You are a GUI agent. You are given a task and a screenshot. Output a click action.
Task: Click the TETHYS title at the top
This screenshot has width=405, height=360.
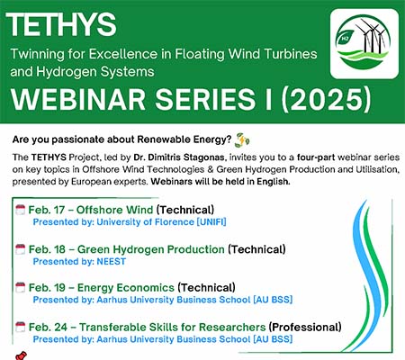(x=61, y=25)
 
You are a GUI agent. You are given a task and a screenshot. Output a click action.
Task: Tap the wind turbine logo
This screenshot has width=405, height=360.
(x=364, y=44)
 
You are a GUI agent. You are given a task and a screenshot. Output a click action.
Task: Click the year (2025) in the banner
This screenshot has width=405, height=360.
(x=326, y=99)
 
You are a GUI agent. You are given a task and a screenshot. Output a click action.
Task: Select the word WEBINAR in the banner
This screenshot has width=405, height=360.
(x=78, y=99)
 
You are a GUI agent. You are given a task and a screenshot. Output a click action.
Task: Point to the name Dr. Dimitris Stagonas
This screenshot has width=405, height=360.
(x=179, y=157)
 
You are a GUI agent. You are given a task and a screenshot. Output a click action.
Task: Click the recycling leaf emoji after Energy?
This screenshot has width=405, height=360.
(x=242, y=140)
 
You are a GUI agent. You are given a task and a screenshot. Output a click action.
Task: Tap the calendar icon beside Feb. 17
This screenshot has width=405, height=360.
(x=20, y=210)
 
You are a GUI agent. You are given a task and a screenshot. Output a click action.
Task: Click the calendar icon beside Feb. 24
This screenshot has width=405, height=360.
(x=20, y=327)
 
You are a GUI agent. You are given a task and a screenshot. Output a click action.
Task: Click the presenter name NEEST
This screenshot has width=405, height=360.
(x=111, y=261)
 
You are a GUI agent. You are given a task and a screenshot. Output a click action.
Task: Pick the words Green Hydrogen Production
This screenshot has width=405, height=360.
(x=151, y=249)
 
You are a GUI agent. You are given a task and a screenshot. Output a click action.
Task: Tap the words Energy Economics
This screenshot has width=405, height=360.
(x=126, y=288)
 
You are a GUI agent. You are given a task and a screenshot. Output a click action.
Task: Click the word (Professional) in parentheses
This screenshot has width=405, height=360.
(x=305, y=327)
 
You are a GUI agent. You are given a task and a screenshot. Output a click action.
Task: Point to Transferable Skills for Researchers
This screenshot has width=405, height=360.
(x=173, y=327)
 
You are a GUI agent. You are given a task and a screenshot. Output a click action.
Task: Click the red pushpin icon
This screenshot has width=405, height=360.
(x=21, y=355)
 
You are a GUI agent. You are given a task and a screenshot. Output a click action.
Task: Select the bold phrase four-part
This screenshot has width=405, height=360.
(x=316, y=157)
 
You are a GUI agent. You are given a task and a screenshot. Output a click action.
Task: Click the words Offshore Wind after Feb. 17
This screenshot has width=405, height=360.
(x=114, y=210)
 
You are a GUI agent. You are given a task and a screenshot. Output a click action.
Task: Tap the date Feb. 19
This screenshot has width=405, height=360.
(x=47, y=288)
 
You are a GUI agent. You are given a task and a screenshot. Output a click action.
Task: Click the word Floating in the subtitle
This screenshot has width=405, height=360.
(x=200, y=54)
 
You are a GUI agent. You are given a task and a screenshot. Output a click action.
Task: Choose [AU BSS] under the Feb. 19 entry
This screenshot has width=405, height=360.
(x=273, y=300)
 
